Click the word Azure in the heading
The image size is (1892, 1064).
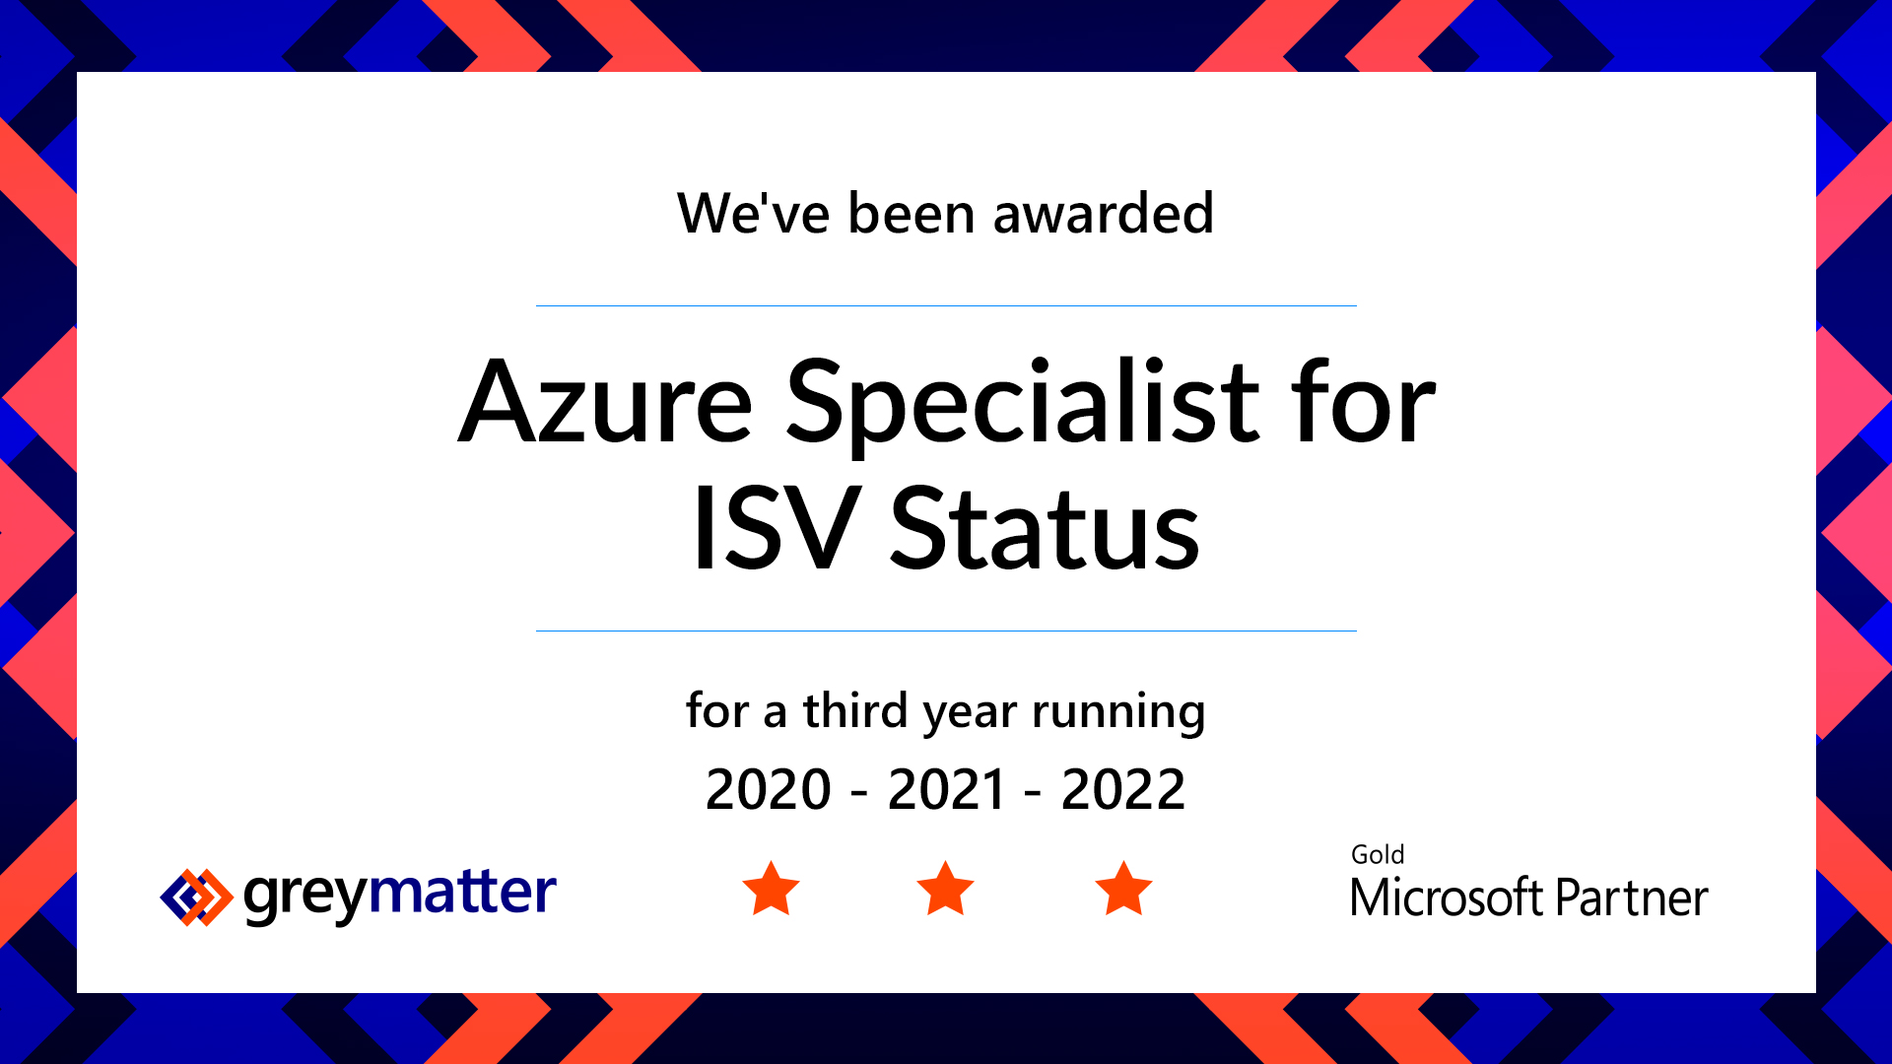click(x=606, y=401)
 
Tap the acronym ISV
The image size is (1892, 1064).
click(x=773, y=528)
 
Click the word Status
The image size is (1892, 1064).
click(x=1045, y=528)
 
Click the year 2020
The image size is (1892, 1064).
click(x=769, y=789)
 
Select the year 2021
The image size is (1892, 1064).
click(x=947, y=789)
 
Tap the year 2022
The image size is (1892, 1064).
click(x=1123, y=789)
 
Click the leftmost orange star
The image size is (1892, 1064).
click(x=771, y=890)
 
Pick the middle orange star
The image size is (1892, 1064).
click(x=946, y=890)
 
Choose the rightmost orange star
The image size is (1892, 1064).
click(x=1123, y=890)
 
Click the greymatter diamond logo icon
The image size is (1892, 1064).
click(x=196, y=898)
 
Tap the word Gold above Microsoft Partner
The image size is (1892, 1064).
click(x=1378, y=854)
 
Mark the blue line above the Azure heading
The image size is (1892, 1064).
click(x=946, y=305)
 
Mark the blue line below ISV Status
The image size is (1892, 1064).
click(x=946, y=631)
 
